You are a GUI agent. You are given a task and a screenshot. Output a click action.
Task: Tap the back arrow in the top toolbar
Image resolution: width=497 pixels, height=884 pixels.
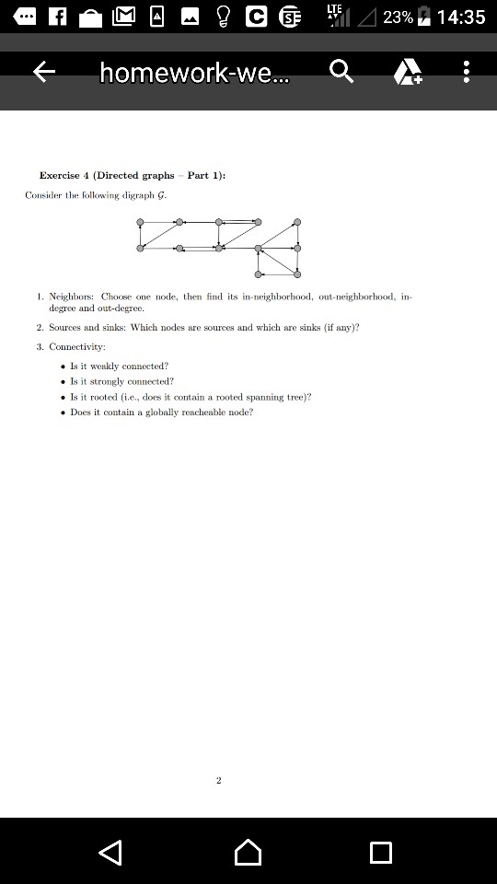click(x=44, y=72)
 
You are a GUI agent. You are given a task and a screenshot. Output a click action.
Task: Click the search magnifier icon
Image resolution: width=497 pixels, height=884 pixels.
click(x=341, y=72)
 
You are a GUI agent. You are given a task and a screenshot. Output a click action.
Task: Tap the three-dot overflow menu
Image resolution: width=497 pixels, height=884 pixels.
click(x=467, y=72)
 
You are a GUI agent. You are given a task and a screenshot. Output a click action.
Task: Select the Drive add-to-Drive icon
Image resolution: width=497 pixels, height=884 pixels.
click(x=408, y=72)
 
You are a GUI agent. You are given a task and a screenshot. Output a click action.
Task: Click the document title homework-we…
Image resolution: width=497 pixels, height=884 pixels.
click(x=194, y=73)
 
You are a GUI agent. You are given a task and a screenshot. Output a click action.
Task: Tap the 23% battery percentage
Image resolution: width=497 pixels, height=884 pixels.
click(x=398, y=17)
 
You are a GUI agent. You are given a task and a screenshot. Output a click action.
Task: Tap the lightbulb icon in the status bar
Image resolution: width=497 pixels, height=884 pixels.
click(x=222, y=17)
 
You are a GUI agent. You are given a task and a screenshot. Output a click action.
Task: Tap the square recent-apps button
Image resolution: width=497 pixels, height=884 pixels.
click(x=380, y=852)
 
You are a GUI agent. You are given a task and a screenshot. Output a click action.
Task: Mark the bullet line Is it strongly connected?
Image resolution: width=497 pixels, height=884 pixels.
click(x=121, y=381)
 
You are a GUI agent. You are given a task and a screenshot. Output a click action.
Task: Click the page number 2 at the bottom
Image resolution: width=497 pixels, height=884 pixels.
click(x=218, y=780)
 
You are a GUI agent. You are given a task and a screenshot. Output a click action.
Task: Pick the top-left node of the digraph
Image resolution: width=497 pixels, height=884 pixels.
click(x=140, y=222)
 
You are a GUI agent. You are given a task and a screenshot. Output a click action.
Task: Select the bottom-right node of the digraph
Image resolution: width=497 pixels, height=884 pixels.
click(x=297, y=273)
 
